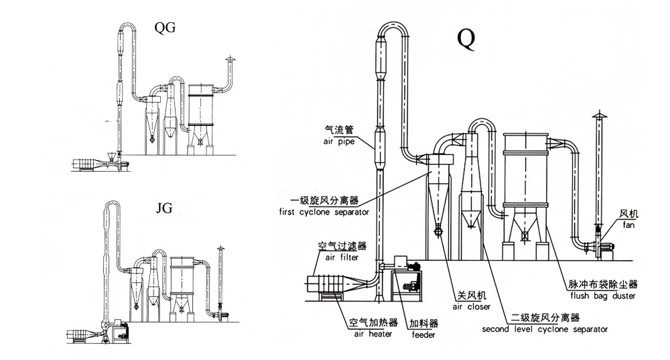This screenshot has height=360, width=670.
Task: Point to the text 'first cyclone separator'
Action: pyautogui.click(x=325, y=212)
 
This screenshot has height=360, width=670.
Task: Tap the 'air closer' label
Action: pyautogui.click(x=472, y=306)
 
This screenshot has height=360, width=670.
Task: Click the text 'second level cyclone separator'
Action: pyautogui.click(x=545, y=329)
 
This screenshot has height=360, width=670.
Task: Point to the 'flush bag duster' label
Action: pyautogui.click(x=602, y=296)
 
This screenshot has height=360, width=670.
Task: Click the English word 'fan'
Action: pyautogui.click(x=628, y=225)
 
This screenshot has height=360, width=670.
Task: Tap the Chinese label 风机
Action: pyautogui.click(x=629, y=215)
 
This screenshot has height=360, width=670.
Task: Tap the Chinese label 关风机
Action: pyautogui.click(x=472, y=296)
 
